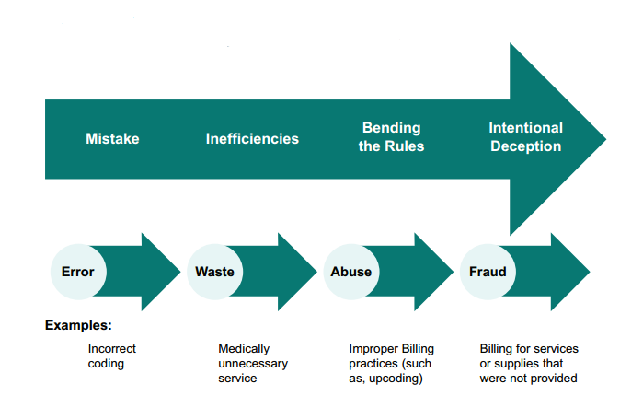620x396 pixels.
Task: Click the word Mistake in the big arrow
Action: pyautogui.click(x=112, y=139)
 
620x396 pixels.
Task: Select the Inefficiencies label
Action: pyautogui.click(x=252, y=139)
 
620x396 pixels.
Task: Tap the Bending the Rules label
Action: pyautogui.click(x=391, y=136)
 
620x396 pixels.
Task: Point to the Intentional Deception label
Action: pyautogui.click(x=525, y=136)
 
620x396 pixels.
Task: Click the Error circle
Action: pyautogui.click(x=78, y=272)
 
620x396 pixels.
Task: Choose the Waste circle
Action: pyautogui.click(x=214, y=272)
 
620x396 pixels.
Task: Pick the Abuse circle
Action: pyautogui.click(x=350, y=272)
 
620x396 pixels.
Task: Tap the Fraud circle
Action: pyautogui.click(x=488, y=272)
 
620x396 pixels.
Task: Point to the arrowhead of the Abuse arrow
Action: pyautogui.click(x=434, y=272)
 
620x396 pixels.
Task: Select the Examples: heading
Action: pyautogui.click(x=78, y=325)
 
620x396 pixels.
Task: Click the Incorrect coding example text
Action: pyautogui.click(x=111, y=356)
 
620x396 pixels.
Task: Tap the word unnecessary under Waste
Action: pyautogui.click(x=253, y=364)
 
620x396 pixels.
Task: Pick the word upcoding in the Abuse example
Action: pyautogui.click(x=397, y=379)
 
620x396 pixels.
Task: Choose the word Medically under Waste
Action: pyautogui.click(x=244, y=349)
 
